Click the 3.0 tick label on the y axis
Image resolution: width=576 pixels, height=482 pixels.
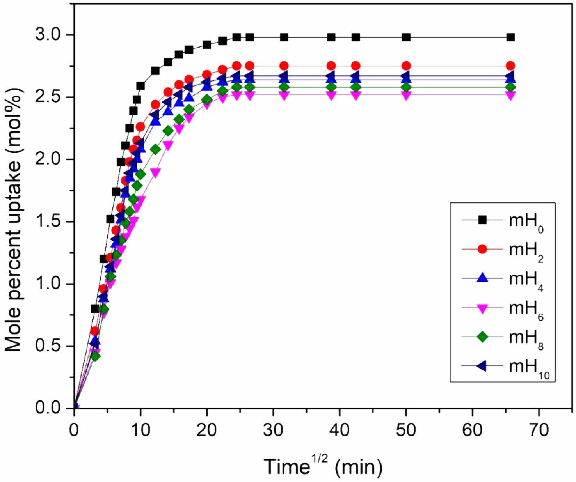coord(48,35)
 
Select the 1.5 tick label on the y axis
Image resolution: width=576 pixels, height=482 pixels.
coord(48,222)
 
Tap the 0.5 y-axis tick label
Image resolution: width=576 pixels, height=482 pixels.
coord(48,346)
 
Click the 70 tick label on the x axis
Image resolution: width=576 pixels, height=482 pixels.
coord(539,430)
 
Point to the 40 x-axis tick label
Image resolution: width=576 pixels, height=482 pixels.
coord(340,430)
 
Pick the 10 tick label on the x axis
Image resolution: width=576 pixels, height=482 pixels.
coord(140,430)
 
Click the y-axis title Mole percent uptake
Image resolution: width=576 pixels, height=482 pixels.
coord(14,220)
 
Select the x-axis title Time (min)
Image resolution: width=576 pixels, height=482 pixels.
coord(323,466)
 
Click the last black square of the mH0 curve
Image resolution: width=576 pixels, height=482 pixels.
coord(510,37)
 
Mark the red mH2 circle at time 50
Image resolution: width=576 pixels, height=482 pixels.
coord(406,66)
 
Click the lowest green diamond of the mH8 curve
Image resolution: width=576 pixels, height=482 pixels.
coord(95,356)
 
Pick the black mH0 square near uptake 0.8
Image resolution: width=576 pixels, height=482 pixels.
coord(95,309)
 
